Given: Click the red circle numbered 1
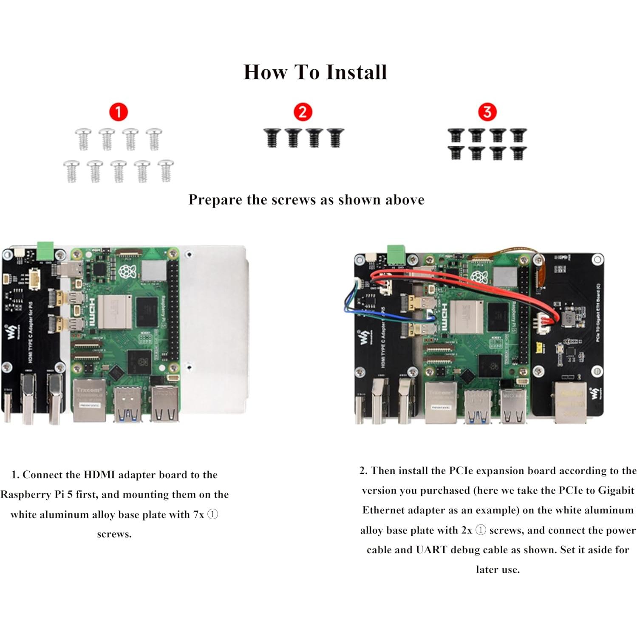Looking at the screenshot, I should (x=118, y=112).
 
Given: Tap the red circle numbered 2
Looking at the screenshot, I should (x=303, y=112).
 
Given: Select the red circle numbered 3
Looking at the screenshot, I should (x=487, y=112).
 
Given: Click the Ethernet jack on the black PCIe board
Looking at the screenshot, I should (x=570, y=402).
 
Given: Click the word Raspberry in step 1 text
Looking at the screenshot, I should (x=25, y=495).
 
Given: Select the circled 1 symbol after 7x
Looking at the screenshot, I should (x=212, y=515).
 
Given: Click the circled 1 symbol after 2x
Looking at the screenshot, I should (x=481, y=530).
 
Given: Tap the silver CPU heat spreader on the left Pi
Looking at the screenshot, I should (x=113, y=311).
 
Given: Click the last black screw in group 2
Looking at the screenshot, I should (x=335, y=138).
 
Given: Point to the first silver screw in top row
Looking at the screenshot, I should (x=83, y=139).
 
